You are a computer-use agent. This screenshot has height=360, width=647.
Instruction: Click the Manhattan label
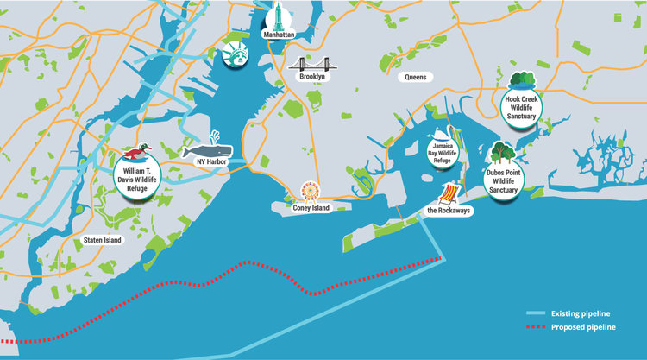point(280,35)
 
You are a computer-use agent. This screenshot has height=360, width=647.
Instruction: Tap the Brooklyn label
point(311,77)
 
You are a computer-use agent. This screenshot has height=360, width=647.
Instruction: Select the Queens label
point(416,77)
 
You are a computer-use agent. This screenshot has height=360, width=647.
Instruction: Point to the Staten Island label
point(102,239)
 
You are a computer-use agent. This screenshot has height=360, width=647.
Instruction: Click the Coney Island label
point(311,207)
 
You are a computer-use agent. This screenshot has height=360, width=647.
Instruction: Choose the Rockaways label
point(451,210)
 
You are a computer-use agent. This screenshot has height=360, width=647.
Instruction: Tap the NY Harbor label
point(210,161)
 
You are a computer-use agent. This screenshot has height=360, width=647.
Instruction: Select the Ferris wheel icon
point(309,191)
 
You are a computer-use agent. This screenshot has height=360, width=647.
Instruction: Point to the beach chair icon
point(450,192)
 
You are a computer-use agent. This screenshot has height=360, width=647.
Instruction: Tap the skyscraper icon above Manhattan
point(280,16)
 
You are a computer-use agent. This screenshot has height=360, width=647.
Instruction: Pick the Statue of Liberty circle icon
point(234,54)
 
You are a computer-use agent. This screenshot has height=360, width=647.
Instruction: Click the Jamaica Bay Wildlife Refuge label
point(441,155)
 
